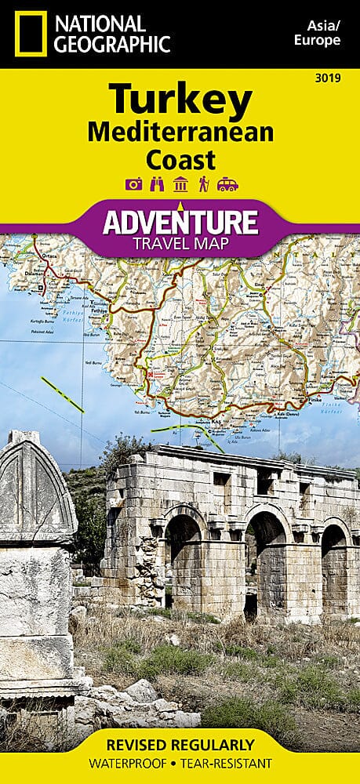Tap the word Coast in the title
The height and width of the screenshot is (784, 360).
tap(180, 159)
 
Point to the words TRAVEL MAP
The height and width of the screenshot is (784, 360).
tap(180, 244)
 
